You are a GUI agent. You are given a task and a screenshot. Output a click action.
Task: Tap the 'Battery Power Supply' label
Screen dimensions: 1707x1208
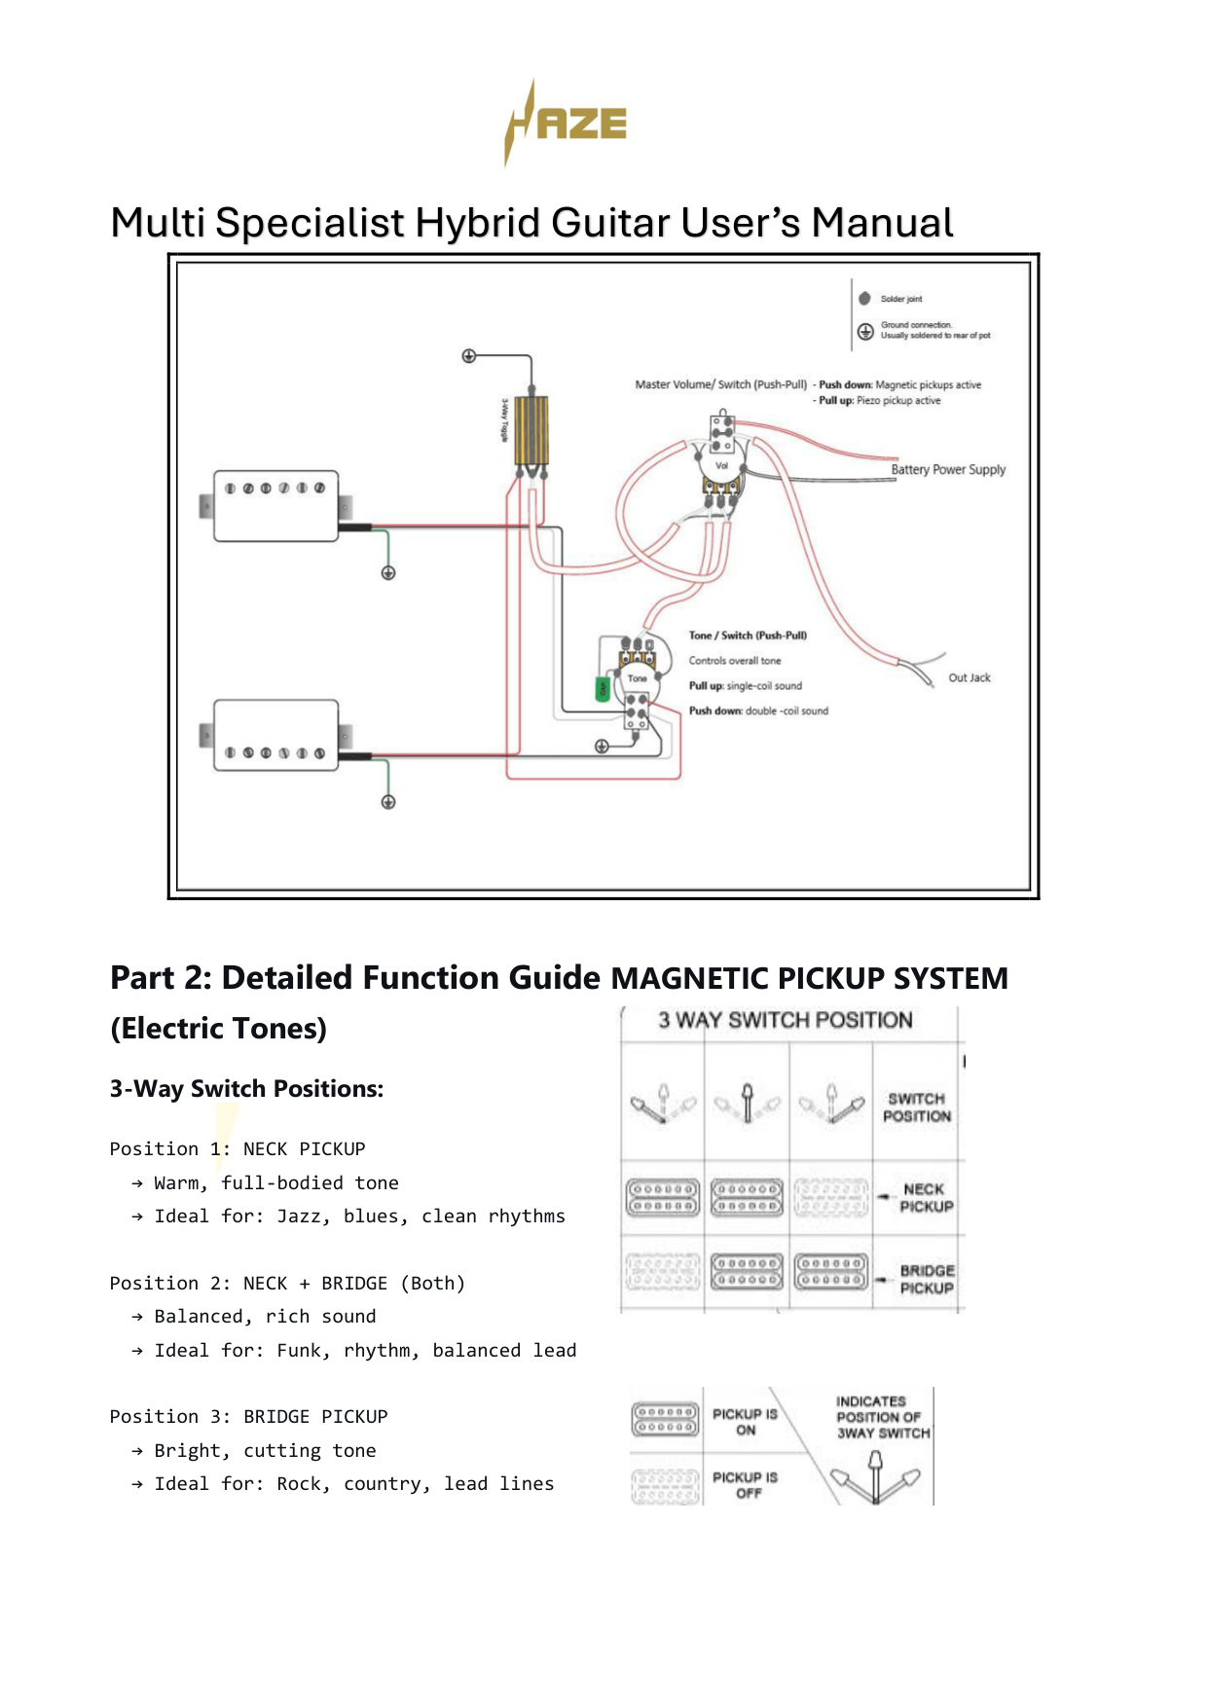[x=948, y=469]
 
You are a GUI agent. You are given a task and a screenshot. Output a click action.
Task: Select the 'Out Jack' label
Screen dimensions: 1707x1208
[x=970, y=677]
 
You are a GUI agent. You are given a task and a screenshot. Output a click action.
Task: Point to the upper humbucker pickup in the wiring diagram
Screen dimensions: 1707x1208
[x=276, y=505]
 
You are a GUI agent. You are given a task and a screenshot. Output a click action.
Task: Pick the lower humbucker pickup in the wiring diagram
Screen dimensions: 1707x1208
[x=276, y=735]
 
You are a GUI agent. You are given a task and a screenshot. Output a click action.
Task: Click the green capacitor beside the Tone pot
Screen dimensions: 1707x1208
[x=603, y=689]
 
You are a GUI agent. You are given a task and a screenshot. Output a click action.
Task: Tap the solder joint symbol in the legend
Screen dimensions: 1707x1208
[x=864, y=299]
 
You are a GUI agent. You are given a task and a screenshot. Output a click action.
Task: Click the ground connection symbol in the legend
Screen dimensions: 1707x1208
[x=865, y=332]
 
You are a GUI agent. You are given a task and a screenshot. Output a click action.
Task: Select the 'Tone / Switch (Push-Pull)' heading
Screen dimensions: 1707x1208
[x=748, y=636]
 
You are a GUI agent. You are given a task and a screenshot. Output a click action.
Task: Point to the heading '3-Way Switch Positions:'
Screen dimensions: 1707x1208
[x=246, y=1089]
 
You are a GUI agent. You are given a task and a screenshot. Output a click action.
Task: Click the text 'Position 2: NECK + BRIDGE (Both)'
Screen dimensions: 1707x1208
[x=287, y=1283]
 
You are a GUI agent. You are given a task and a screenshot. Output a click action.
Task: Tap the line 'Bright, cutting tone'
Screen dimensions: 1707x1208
[x=265, y=1450]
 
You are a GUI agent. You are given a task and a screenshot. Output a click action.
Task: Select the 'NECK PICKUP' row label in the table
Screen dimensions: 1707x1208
[x=926, y=1198]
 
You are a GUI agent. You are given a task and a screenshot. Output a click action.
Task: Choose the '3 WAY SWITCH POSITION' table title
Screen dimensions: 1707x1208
[x=786, y=1020]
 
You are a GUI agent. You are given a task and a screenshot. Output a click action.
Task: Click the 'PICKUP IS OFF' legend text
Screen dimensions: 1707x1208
[x=745, y=1485]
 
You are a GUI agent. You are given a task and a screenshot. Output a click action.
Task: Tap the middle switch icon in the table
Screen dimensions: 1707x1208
[x=748, y=1104]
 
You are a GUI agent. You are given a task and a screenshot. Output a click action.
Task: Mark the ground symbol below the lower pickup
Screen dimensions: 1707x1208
[x=388, y=802]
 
